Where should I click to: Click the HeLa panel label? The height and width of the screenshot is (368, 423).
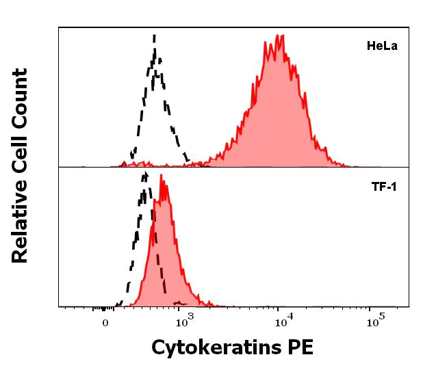pos(382,47)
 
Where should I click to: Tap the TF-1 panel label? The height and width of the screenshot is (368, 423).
pos(384,186)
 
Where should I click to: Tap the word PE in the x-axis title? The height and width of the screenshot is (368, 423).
pos(299,347)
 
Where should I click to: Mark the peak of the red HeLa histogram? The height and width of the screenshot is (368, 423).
pos(265,42)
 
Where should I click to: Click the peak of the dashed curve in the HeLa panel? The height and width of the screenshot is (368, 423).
pos(155,36)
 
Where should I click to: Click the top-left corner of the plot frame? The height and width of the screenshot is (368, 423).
pos(59,27)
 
